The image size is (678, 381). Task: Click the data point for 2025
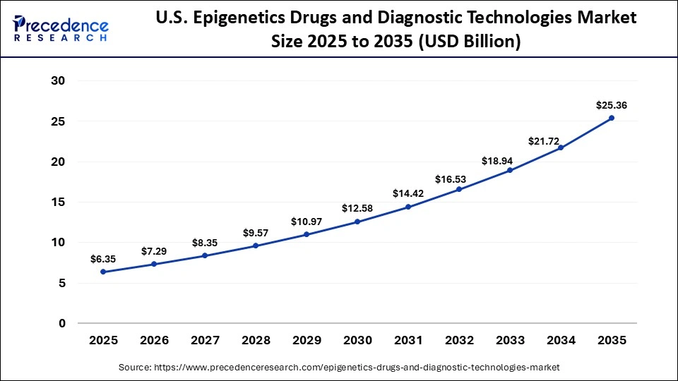[x=104, y=272]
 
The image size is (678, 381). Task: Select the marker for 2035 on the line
[x=612, y=118]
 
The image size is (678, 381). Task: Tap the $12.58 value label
[x=357, y=208]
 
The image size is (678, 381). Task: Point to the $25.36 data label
[x=612, y=105]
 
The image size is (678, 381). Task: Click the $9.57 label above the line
[x=256, y=232]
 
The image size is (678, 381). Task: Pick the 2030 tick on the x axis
[x=357, y=340]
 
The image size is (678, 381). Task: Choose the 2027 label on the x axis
[x=205, y=340]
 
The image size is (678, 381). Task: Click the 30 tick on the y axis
[x=59, y=81]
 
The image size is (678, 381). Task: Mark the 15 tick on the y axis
[x=59, y=202]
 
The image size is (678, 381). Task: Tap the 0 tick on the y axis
[x=62, y=324]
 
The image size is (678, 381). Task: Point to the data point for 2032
[x=459, y=189]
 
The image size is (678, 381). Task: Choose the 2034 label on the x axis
[x=561, y=340]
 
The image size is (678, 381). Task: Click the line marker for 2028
[x=256, y=246]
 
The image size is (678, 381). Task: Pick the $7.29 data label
[x=155, y=251]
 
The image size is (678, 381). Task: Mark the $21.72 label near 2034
[x=544, y=142]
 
